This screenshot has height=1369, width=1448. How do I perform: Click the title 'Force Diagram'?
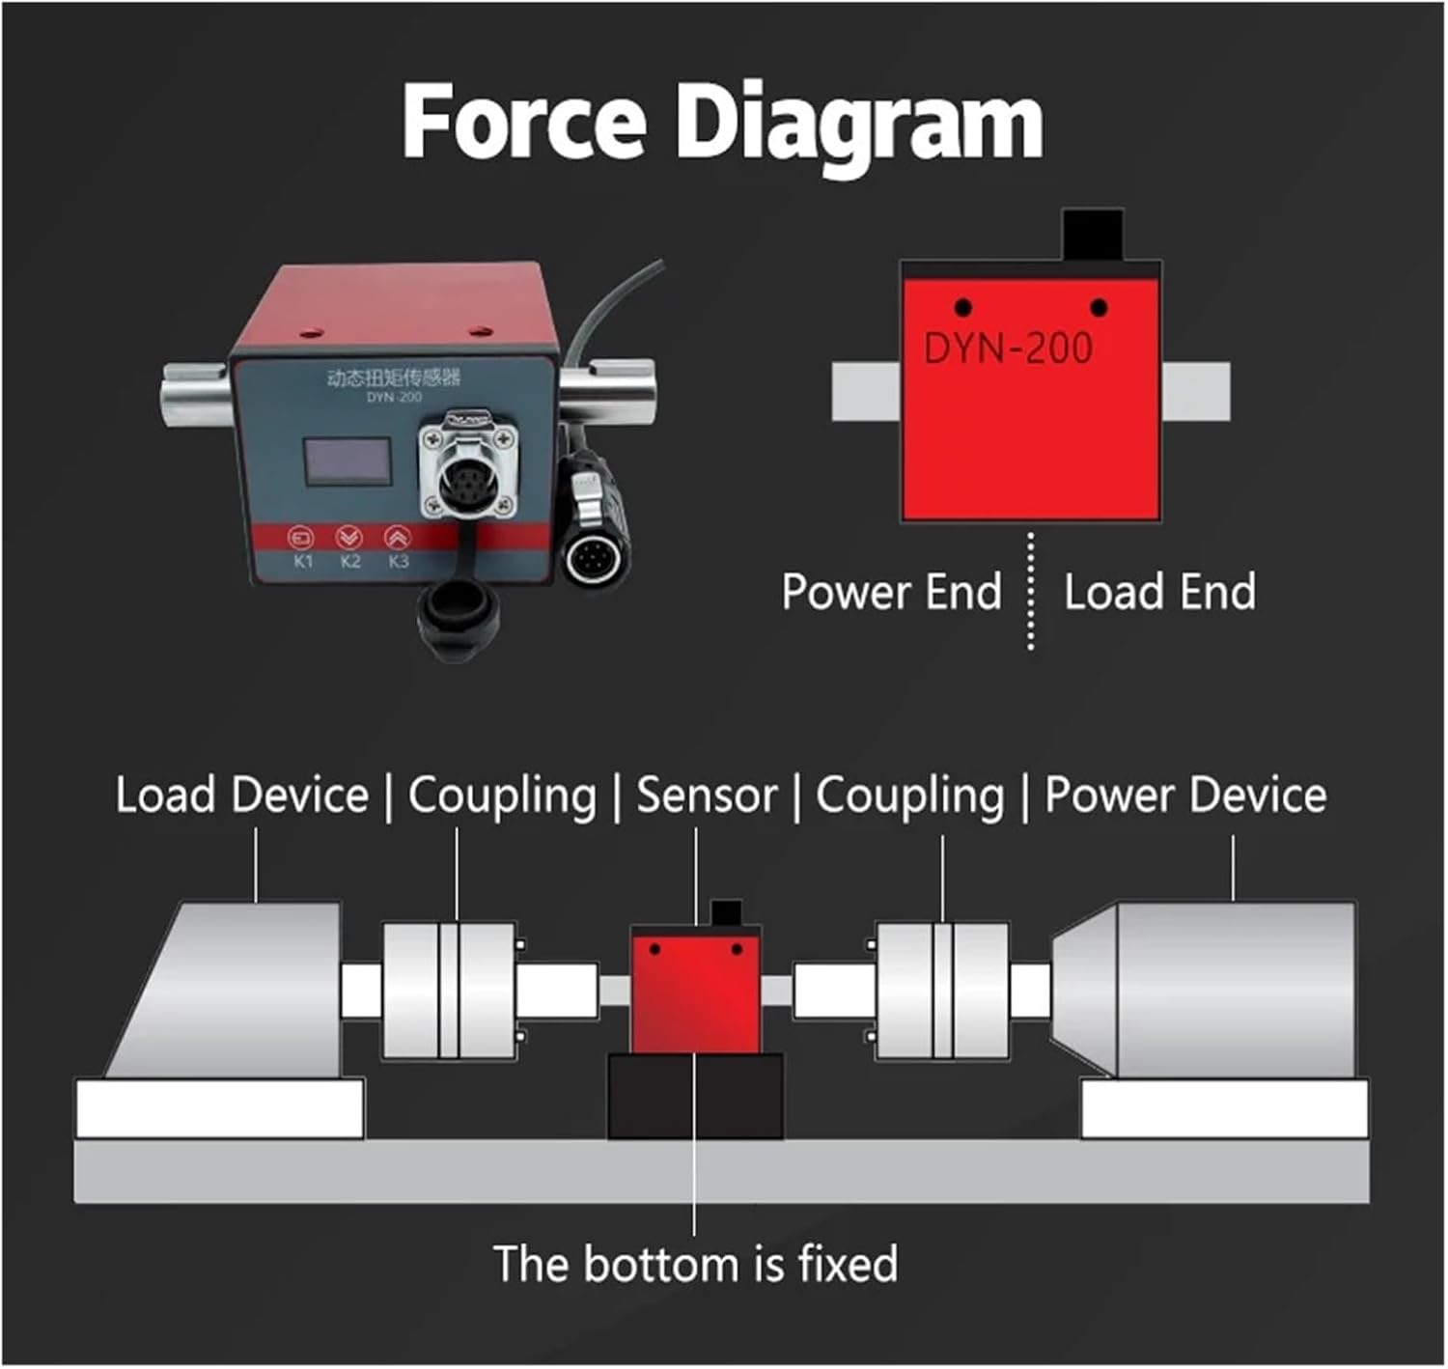tap(722, 124)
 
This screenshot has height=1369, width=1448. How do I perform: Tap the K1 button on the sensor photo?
tap(303, 539)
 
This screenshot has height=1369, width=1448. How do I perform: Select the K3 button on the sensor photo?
tap(397, 539)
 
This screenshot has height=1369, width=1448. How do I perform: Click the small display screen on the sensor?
tap(348, 461)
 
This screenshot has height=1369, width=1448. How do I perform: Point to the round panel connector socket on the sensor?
tap(467, 473)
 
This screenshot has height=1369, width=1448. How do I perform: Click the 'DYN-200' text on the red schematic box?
tap(1008, 349)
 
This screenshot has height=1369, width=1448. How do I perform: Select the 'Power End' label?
tap(891, 592)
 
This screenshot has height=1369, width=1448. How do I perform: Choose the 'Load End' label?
tap(1159, 592)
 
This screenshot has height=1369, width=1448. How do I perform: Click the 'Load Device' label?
tap(241, 796)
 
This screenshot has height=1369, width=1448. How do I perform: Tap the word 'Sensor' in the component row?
tap(707, 796)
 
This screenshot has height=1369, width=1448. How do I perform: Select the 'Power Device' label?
tap(1185, 796)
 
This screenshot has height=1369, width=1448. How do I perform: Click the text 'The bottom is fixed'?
tap(695, 1264)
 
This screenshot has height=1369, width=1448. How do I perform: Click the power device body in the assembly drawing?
tap(1216, 990)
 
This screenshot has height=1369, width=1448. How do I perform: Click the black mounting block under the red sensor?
tap(695, 1096)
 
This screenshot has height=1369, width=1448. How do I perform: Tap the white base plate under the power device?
tap(1224, 1109)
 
